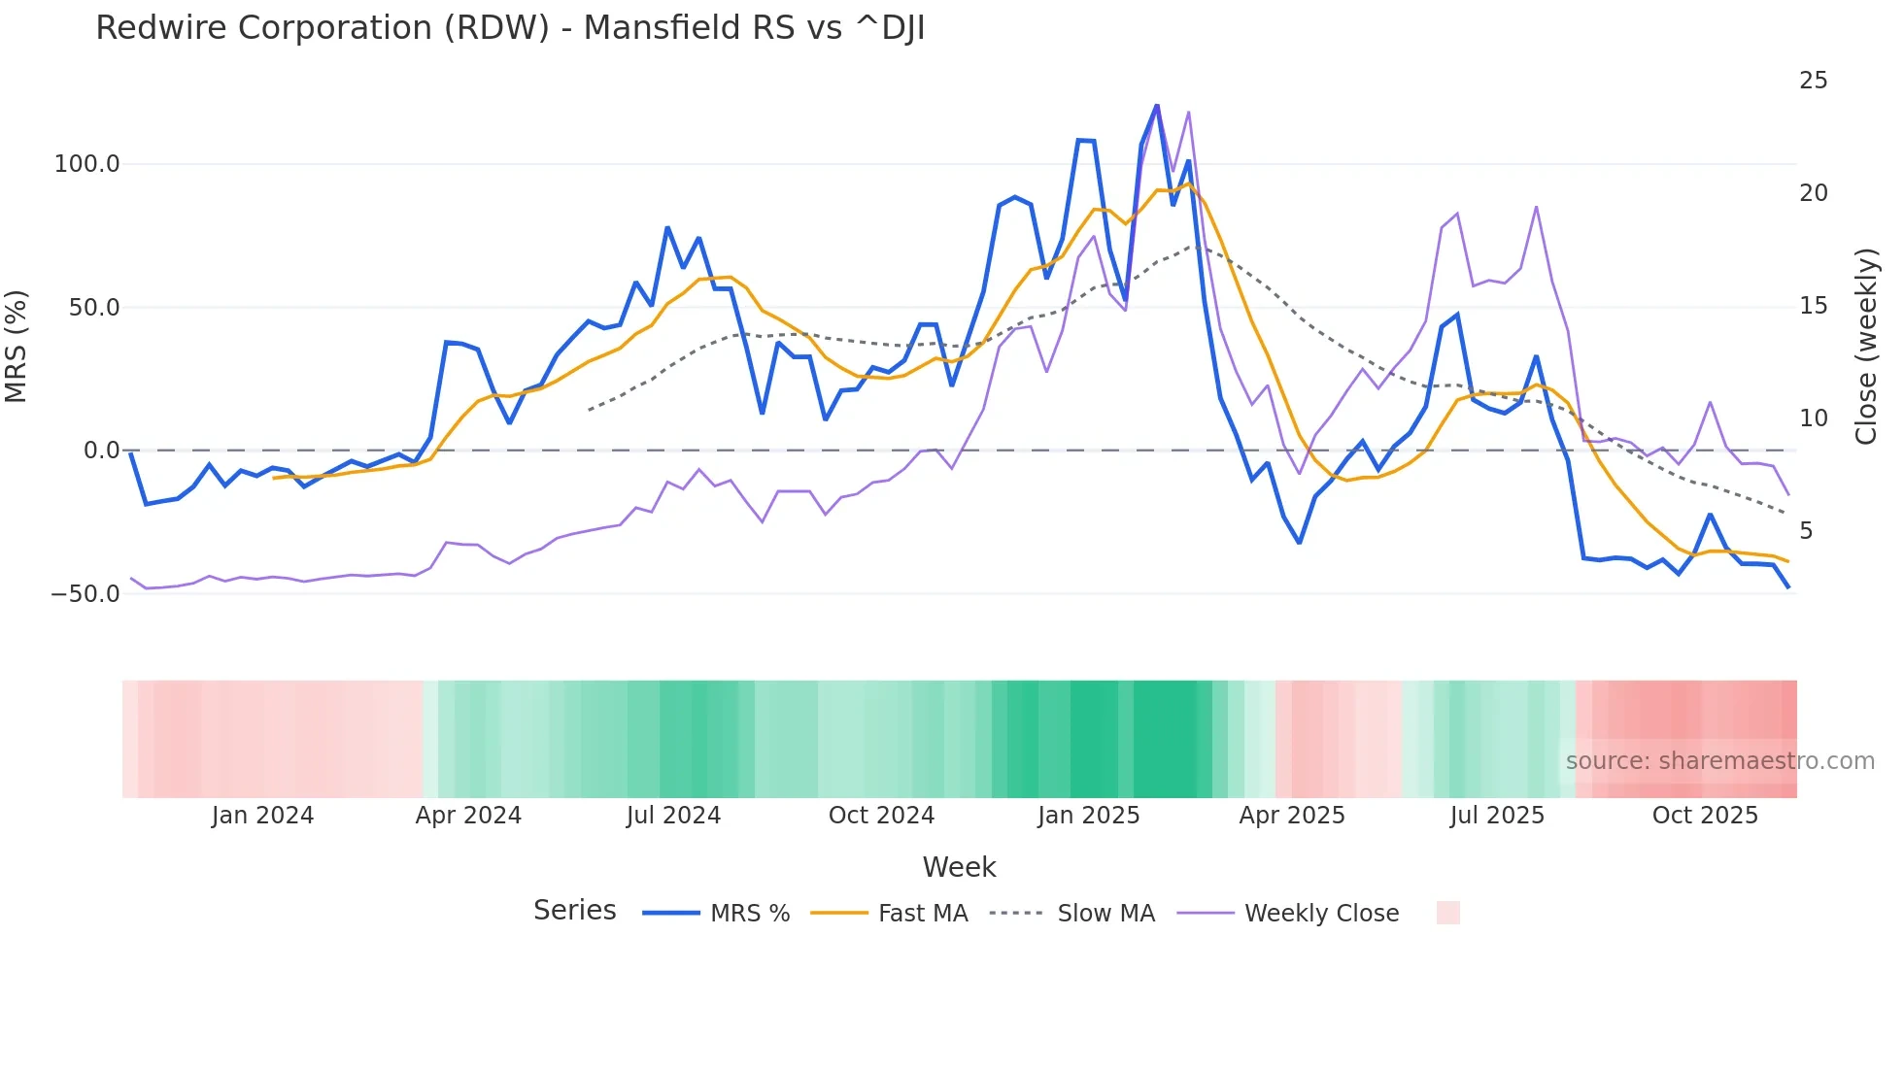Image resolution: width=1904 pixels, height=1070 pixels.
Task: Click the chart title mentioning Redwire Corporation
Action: pyautogui.click(x=510, y=28)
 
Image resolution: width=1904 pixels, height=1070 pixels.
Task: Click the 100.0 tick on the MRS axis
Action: pyautogui.click(x=86, y=164)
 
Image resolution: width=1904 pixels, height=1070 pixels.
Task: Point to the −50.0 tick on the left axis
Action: pyautogui.click(x=85, y=593)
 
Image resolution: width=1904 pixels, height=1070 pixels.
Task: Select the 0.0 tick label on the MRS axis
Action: pyautogui.click(x=101, y=451)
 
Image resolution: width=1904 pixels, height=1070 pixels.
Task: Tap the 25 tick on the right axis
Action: pyautogui.click(x=1813, y=81)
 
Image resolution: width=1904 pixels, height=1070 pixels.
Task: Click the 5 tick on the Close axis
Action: pyautogui.click(x=1806, y=531)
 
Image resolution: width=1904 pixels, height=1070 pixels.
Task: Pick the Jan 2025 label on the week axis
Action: pyautogui.click(x=1088, y=816)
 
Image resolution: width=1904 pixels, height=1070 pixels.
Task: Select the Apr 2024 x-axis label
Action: pyautogui.click(x=468, y=816)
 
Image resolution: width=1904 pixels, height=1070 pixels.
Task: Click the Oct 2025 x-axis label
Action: pyautogui.click(x=1705, y=816)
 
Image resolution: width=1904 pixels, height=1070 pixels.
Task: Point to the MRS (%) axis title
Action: pyautogui.click(x=17, y=346)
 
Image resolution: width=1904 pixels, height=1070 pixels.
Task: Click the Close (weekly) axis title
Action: pyautogui.click(x=1865, y=347)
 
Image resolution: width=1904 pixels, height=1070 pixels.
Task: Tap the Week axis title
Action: pyautogui.click(x=959, y=867)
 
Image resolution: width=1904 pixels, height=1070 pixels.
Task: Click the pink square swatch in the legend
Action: pyautogui.click(x=1447, y=913)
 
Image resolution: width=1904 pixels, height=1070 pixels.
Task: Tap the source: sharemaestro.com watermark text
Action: pyautogui.click(x=1719, y=761)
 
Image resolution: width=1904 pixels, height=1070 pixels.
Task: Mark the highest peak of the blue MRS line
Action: pyautogui.click(x=1156, y=106)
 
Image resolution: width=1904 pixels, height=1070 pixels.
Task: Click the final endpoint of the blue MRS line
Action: pyautogui.click(x=1787, y=587)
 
